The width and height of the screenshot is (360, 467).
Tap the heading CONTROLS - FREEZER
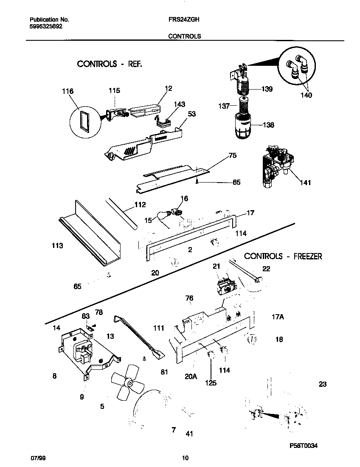[x=283, y=256]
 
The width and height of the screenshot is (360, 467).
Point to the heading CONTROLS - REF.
[x=109, y=64]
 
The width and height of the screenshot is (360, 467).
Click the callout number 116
[x=67, y=91]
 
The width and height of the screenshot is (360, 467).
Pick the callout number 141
[x=305, y=183]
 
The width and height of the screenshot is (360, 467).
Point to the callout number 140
[x=306, y=95]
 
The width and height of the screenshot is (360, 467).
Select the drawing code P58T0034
[x=304, y=445]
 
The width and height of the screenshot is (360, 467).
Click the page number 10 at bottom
[x=185, y=458]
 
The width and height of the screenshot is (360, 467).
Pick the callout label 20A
[x=191, y=376]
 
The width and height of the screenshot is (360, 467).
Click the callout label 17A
[x=278, y=316]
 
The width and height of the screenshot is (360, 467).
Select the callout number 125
[x=211, y=383]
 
